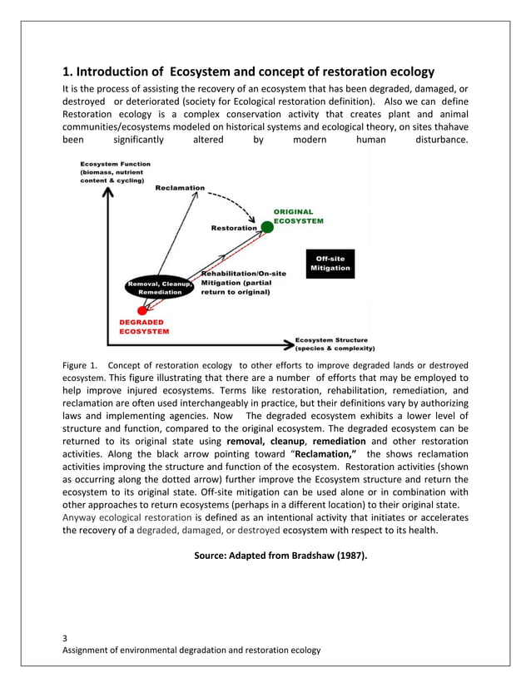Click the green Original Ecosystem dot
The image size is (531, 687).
[x=266, y=226]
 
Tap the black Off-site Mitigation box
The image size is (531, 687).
[x=330, y=264]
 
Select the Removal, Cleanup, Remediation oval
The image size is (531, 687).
[x=160, y=288]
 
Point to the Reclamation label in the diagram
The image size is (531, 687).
[x=180, y=189]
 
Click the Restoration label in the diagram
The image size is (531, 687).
[x=234, y=228]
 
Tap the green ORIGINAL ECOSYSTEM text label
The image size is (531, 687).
[x=299, y=216]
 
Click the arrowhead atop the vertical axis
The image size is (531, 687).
[x=107, y=193]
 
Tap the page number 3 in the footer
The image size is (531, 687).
[x=67, y=638]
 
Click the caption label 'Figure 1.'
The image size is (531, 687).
[x=81, y=364]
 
